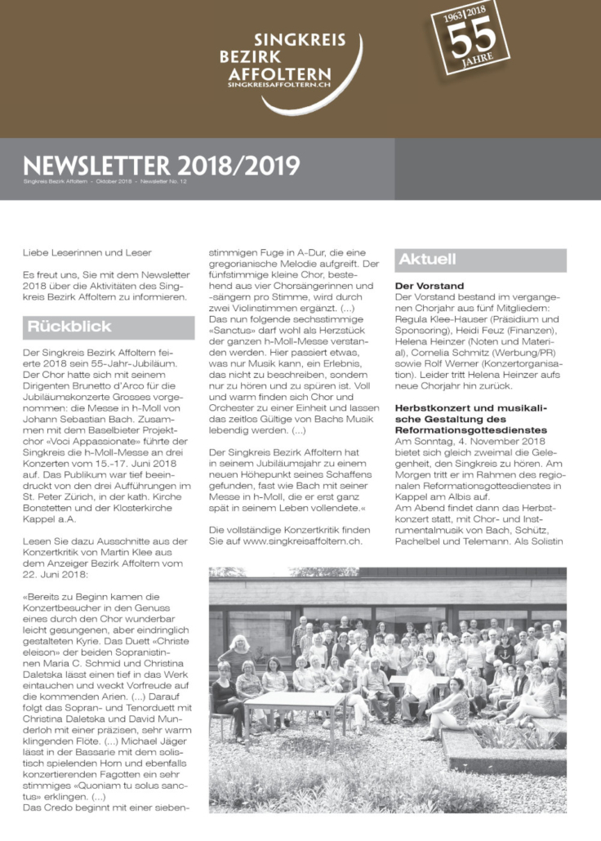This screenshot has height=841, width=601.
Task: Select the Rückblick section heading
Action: [x=59, y=327]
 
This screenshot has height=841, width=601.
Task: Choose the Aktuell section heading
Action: [x=427, y=260]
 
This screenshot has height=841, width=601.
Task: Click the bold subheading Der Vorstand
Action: [x=429, y=286]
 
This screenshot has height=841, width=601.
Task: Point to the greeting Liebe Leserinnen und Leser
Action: [x=87, y=252]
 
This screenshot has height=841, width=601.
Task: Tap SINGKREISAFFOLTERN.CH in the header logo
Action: [x=282, y=84]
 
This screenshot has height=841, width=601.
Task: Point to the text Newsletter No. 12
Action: [x=165, y=180]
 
